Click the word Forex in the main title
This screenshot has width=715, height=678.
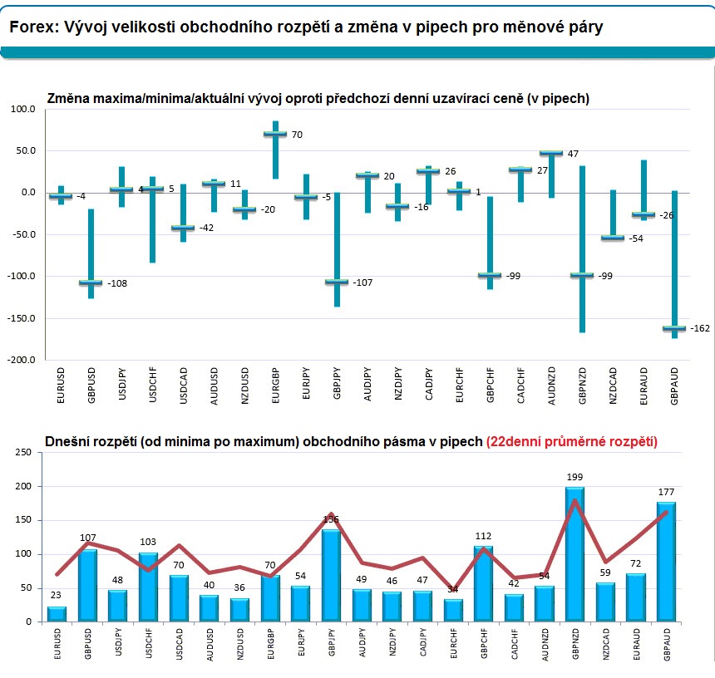32,27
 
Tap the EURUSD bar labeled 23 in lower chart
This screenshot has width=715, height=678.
57,614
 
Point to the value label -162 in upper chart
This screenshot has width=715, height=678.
699,329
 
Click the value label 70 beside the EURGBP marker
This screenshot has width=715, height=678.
297,135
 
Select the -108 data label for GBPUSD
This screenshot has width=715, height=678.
117,283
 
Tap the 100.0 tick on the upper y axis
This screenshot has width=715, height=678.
22,109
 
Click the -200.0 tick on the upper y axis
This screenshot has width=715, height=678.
22,361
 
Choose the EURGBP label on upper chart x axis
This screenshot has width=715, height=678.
275,390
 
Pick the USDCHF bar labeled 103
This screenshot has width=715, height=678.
149,587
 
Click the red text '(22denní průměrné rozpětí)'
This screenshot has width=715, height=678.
572,442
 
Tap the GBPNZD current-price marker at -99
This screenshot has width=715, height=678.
582,275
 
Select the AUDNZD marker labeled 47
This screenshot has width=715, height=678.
551,153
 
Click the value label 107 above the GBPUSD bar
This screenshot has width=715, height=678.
88,537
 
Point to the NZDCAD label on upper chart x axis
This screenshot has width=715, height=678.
613,390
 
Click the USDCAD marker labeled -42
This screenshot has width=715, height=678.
183,228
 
